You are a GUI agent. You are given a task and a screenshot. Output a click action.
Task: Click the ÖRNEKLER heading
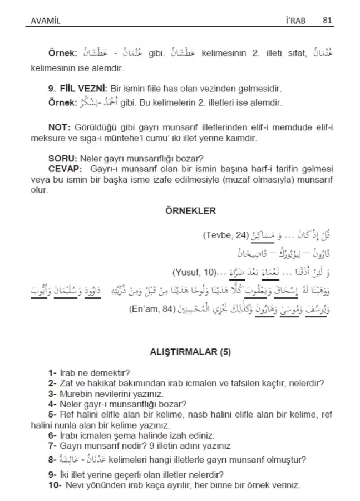(190, 212)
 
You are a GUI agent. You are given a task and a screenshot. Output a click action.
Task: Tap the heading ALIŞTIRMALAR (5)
(190, 352)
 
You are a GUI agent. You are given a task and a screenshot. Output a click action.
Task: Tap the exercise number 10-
(55, 485)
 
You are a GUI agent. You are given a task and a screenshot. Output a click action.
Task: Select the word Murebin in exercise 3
(72, 394)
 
